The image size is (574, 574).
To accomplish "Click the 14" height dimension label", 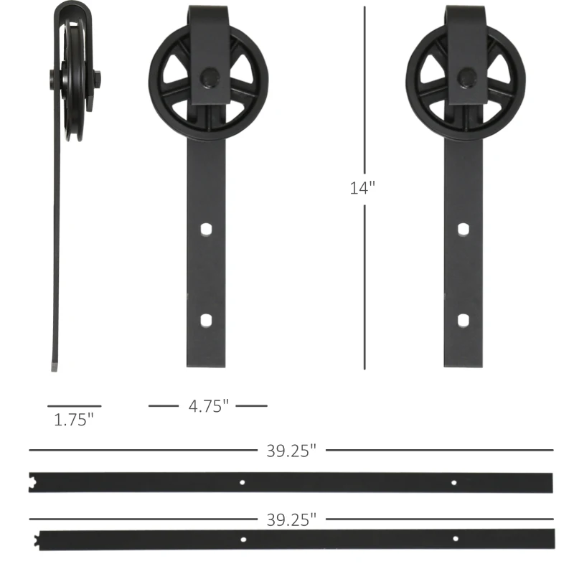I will click(363, 188).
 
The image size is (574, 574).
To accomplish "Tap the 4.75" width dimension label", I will click(208, 406).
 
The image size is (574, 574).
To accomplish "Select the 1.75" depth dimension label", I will click(74, 420).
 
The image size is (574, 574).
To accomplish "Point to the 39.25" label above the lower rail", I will click(291, 519).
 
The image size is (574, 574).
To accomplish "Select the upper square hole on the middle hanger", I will click(207, 229).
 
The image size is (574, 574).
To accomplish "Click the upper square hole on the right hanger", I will click(464, 229).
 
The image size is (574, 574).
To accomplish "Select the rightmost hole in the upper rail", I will click(453, 482).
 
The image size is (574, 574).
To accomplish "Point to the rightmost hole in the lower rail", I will click(455, 538).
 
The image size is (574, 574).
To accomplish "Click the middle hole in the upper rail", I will click(243, 482).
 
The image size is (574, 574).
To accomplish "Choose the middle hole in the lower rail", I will click(244, 538).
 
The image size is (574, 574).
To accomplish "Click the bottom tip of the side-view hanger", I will click(54, 366).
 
